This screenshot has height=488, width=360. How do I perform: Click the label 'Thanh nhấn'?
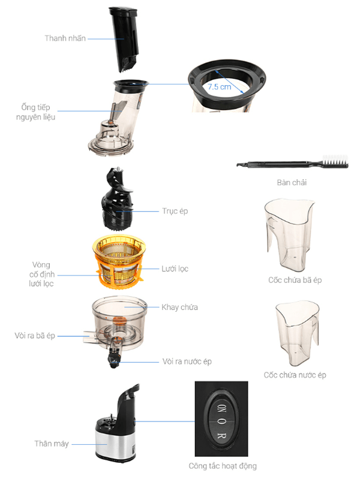[x=65, y=38]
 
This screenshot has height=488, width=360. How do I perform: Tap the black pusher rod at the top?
[x=124, y=40]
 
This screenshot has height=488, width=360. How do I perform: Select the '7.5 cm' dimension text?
[x=219, y=87]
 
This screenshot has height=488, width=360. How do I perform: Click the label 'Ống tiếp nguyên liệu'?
[x=35, y=112]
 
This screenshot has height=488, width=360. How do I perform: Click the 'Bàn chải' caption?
[x=292, y=182]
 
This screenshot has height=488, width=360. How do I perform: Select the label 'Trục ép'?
[x=175, y=211]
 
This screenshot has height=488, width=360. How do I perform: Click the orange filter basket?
[x=119, y=261]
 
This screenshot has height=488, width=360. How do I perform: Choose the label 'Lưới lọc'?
[x=175, y=269]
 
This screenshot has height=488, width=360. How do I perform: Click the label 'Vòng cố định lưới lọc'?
[x=41, y=274]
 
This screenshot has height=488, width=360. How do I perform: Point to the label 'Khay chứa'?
[x=179, y=307]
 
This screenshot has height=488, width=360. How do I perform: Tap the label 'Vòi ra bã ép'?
[x=35, y=336]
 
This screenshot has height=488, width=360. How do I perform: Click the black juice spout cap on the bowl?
[x=114, y=360]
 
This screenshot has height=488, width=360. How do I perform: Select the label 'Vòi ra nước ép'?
[x=187, y=362]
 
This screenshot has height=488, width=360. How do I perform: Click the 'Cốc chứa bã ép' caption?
[x=295, y=280]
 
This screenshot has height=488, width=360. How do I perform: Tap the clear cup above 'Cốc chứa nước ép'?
[x=298, y=332]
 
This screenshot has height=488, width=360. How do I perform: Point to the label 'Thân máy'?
[x=52, y=444]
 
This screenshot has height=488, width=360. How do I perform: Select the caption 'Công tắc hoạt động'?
[x=223, y=466]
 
